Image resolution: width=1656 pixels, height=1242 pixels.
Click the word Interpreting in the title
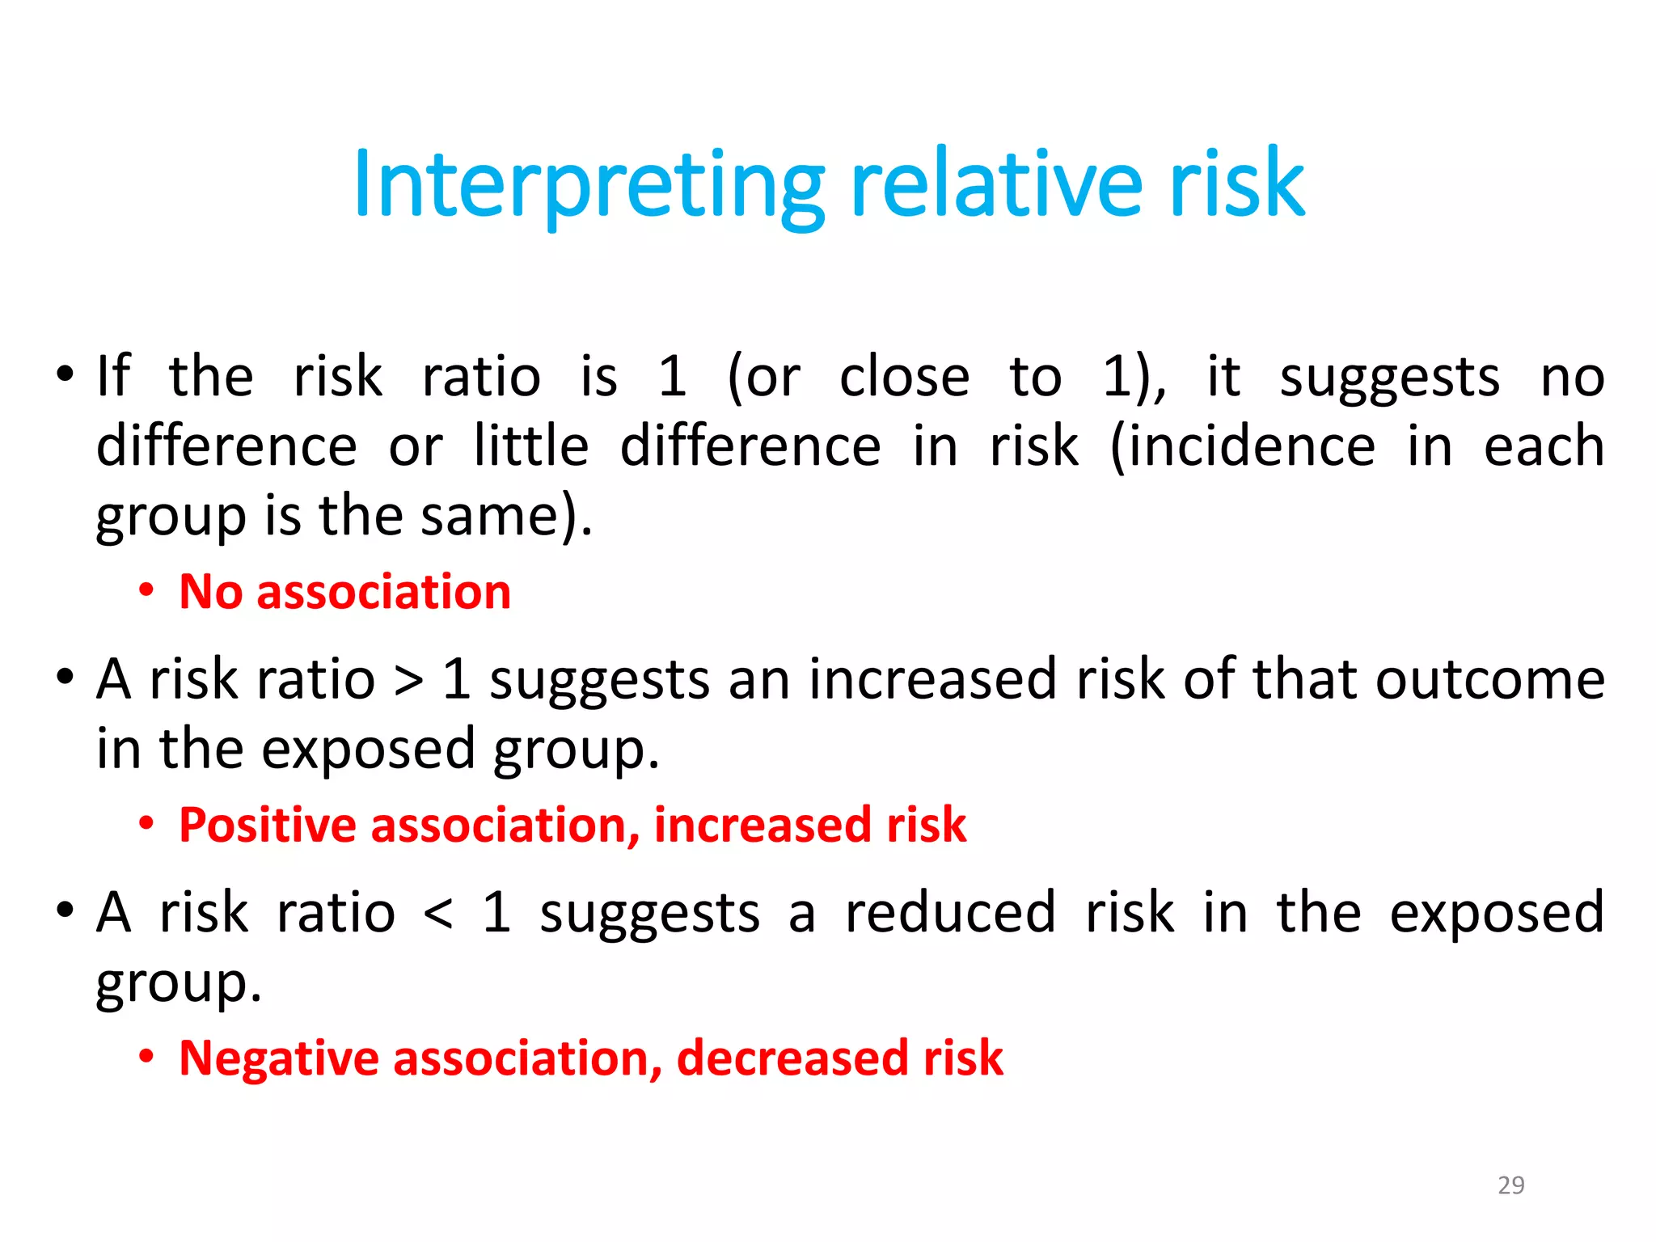(x=588, y=186)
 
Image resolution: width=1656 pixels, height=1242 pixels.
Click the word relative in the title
(x=996, y=186)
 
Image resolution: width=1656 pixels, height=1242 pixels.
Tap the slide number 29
(x=1510, y=1185)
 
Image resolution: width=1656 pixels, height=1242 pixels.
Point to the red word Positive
(x=268, y=826)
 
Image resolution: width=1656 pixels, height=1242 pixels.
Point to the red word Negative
(x=278, y=1058)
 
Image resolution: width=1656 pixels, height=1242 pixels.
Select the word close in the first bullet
(x=904, y=378)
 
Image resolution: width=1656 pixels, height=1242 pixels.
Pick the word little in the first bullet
(x=530, y=447)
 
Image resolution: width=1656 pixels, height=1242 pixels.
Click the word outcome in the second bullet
(x=1489, y=679)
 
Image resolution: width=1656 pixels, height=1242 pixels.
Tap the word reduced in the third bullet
(x=950, y=913)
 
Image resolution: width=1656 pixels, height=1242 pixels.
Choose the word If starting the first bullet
(x=112, y=377)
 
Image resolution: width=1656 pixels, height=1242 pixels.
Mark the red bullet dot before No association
(x=146, y=591)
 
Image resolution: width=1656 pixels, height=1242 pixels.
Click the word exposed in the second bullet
(x=368, y=750)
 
